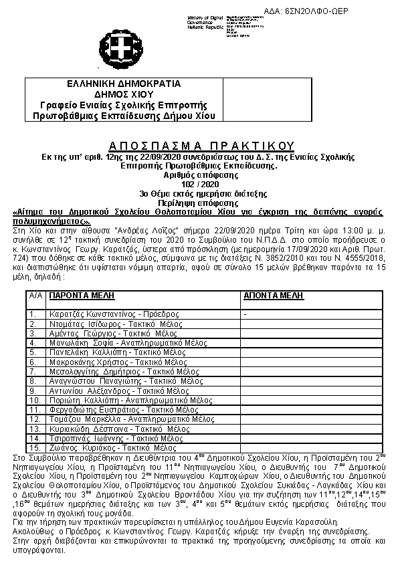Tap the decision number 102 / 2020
[201, 183]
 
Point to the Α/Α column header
[37, 294]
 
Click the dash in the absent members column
[246, 314]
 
